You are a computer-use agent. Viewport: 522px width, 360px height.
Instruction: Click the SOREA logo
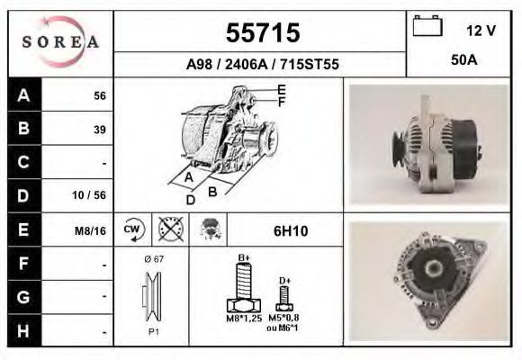(60, 42)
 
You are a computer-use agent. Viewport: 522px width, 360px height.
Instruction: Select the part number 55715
(263, 32)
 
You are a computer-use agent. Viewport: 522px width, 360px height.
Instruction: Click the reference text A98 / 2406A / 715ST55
(262, 64)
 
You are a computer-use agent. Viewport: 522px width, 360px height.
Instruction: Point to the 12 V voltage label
(481, 31)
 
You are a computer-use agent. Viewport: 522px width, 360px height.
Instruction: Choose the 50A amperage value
(464, 60)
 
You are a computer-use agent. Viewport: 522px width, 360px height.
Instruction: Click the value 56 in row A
(100, 96)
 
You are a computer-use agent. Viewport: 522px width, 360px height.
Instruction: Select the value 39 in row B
(100, 130)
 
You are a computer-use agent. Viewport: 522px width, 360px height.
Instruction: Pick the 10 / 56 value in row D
(89, 195)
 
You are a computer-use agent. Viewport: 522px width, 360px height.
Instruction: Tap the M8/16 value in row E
(90, 230)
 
